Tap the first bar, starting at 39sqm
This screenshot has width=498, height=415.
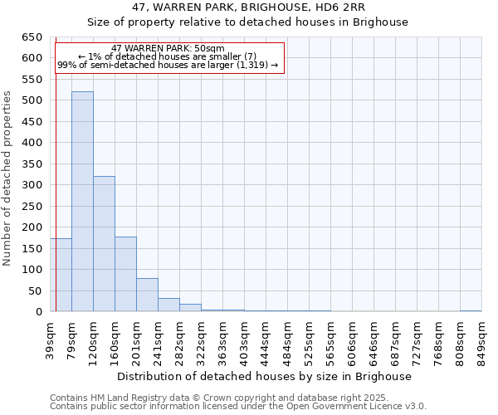(x=61, y=275)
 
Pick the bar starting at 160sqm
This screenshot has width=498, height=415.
(x=125, y=274)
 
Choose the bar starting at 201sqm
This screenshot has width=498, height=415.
(x=147, y=295)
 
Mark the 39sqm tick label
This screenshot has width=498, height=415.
(x=51, y=337)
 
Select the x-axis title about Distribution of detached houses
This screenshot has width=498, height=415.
(x=265, y=376)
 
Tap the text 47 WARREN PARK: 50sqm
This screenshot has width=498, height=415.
(x=168, y=49)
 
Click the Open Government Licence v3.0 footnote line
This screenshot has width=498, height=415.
(x=238, y=407)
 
